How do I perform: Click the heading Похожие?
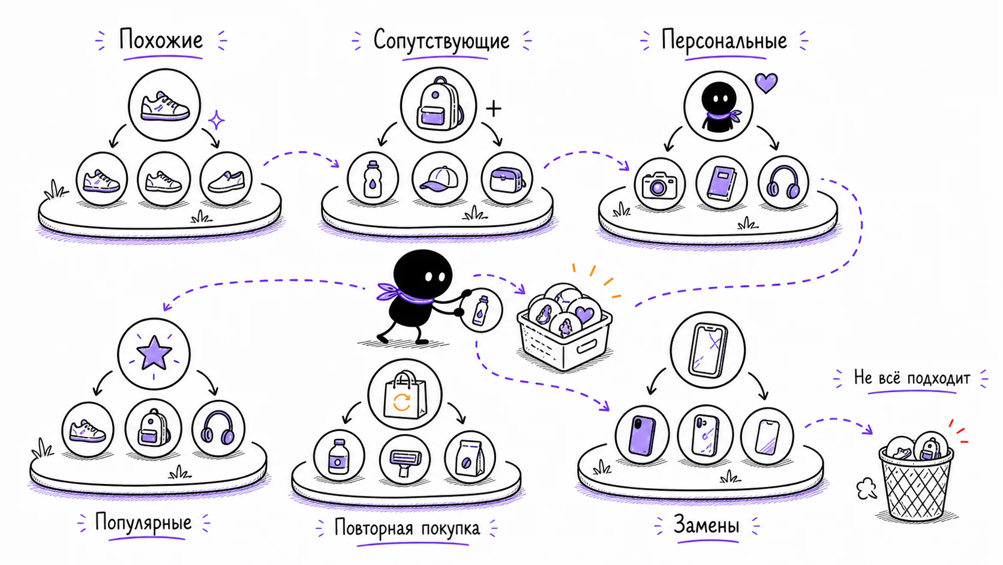coord(161,40)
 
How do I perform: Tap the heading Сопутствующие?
coord(441,40)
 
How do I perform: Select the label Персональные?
coord(724,40)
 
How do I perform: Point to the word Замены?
coord(706,525)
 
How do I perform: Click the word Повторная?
coord(373,528)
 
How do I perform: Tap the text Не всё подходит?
coord(912,378)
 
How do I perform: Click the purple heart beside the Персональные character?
coord(766,83)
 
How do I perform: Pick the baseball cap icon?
coord(440,179)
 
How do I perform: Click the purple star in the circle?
coord(154,353)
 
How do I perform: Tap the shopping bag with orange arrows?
coord(404,395)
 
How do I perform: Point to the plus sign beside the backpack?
coord(494,109)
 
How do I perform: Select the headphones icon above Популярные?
coord(218,428)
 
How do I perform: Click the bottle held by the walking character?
coord(481,310)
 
